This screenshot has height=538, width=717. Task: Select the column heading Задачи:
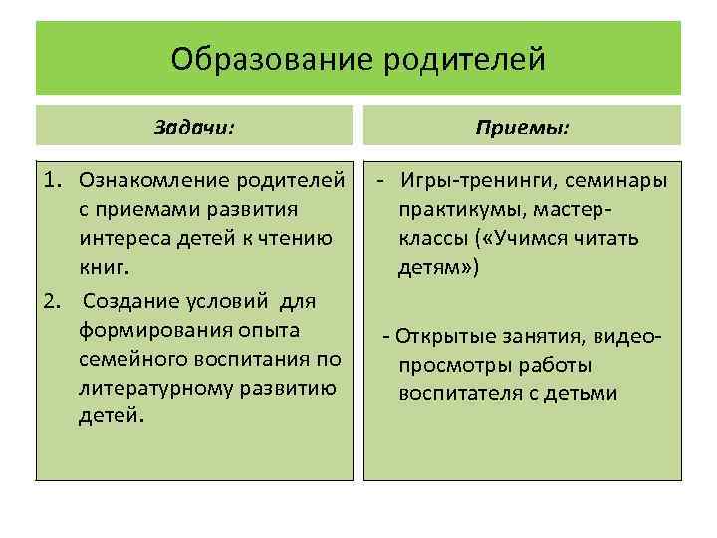(x=195, y=127)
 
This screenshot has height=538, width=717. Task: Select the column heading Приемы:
(x=523, y=127)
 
